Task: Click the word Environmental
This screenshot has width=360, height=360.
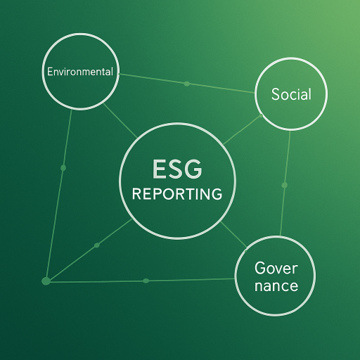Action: [x=80, y=72]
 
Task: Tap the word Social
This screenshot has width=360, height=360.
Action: [x=291, y=94]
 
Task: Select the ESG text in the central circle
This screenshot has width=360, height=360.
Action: [x=177, y=169]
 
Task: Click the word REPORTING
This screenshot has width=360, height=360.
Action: [x=177, y=194]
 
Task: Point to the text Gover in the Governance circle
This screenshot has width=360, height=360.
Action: [x=276, y=268]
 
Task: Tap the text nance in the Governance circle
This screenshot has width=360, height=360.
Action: [x=276, y=286]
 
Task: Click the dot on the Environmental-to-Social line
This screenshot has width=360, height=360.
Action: [x=187, y=84]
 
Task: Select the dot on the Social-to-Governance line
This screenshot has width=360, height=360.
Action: [x=285, y=185]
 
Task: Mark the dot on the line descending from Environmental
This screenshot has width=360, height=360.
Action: [x=63, y=168]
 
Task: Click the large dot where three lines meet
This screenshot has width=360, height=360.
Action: [x=46, y=281]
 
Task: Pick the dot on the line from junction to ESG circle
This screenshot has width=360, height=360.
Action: [x=97, y=245]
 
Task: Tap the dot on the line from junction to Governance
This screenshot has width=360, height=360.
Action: [x=146, y=281]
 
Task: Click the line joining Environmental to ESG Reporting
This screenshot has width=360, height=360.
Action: [x=120, y=121]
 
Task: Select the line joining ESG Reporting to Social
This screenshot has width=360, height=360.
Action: [x=242, y=130]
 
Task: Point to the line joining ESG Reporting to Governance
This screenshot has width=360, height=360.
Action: [x=233, y=235]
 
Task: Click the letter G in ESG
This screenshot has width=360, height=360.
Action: [x=193, y=169]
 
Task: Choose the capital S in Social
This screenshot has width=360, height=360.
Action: [x=276, y=94]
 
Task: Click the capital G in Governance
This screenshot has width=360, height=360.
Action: [x=260, y=268]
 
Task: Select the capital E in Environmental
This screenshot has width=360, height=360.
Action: [x=50, y=72]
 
